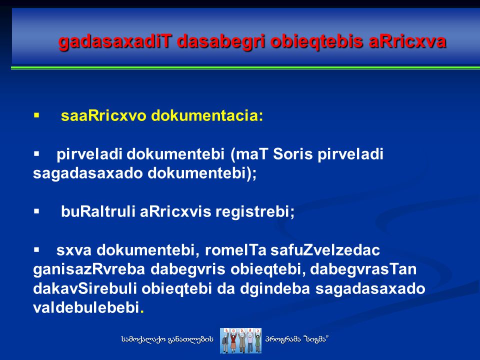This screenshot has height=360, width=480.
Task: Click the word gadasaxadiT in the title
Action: tap(115, 42)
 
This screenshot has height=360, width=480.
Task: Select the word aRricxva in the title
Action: tap(407, 41)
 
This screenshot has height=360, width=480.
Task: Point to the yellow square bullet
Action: tap(36, 115)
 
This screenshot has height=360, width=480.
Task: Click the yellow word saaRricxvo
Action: tap(103, 115)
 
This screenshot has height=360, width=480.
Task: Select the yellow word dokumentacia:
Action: tap(207, 115)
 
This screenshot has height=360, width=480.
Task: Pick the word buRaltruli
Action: tap(98, 211)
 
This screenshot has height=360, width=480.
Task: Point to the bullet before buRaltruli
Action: tap(36, 211)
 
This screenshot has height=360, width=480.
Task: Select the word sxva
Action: tap(74, 250)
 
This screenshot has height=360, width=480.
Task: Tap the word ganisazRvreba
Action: tap(89, 269)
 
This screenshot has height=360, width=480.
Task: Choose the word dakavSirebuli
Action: tap(85, 288)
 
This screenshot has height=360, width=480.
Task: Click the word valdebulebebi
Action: tap(86, 307)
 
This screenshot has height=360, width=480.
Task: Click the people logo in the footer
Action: tap(240, 340)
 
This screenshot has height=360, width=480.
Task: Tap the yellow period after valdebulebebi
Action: tap(141, 312)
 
